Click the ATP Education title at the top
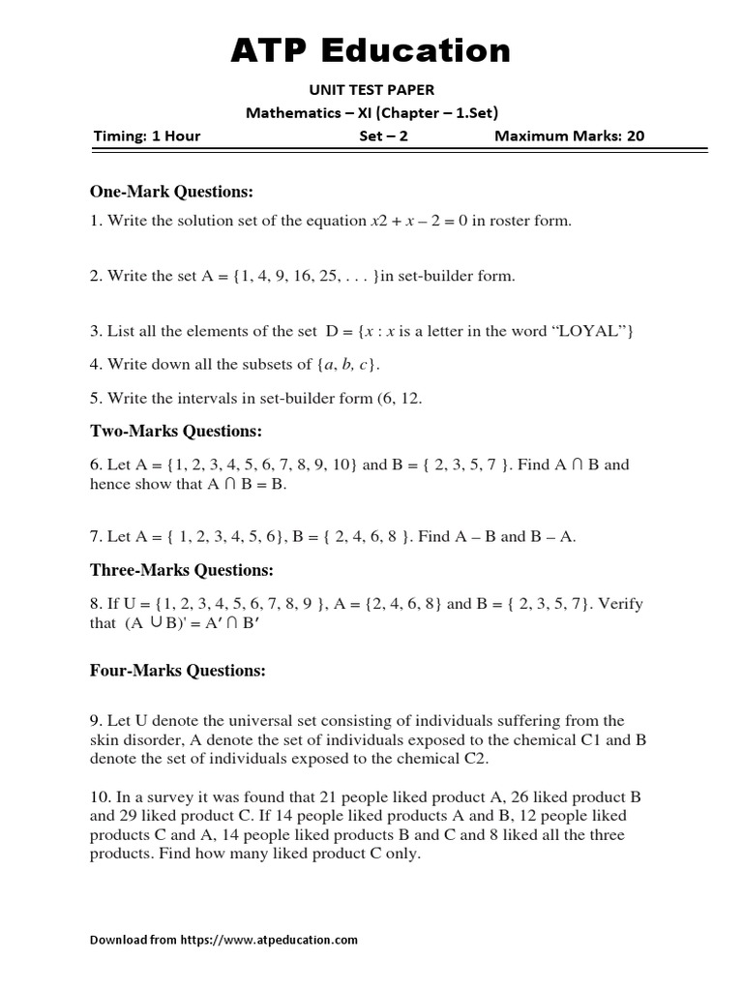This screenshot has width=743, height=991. click(371, 50)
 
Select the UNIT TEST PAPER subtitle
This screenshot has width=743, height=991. click(371, 90)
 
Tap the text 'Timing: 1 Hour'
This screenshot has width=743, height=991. click(147, 135)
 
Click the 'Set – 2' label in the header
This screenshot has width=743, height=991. click(383, 135)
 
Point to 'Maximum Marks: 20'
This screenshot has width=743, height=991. click(569, 135)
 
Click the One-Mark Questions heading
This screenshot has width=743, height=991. click(171, 192)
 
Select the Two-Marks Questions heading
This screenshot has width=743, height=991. click(176, 431)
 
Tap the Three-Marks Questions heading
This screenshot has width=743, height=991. click(182, 570)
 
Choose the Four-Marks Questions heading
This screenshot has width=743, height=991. click(178, 670)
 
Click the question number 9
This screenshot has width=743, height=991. click(96, 720)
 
